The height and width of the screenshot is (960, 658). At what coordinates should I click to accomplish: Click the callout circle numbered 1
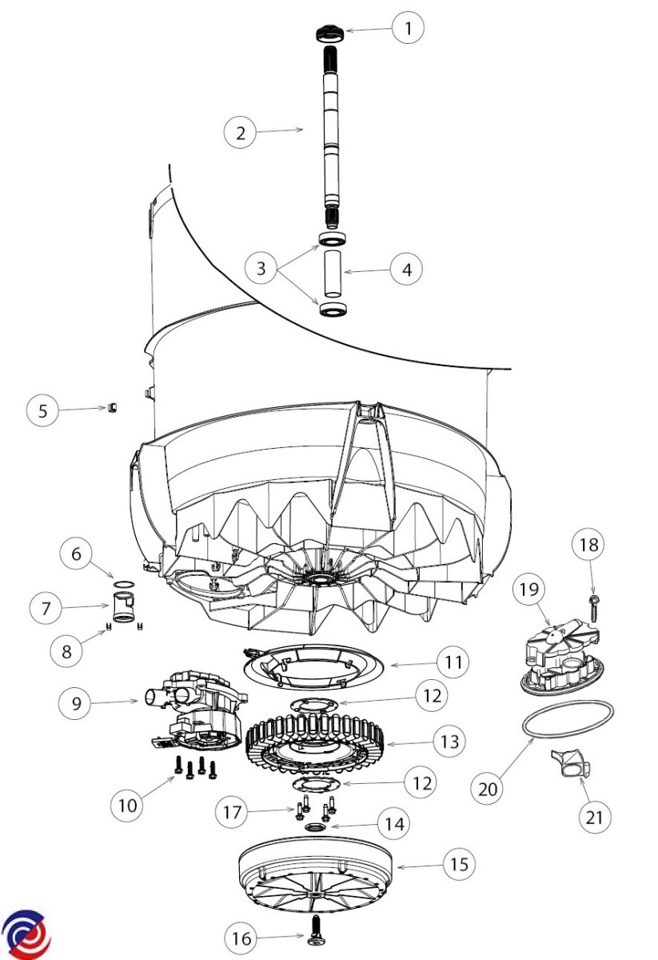click(409, 29)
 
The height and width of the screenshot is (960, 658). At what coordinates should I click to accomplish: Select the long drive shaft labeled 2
click(330, 136)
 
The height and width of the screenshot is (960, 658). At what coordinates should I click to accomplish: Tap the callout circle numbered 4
click(407, 270)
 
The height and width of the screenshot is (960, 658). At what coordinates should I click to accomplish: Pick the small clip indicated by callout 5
click(113, 408)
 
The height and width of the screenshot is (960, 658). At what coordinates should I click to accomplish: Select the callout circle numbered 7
click(46, 609)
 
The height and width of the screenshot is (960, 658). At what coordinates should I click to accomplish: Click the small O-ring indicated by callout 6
click(122, 586)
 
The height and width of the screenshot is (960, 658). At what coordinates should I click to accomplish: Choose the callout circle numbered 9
click(76, 702)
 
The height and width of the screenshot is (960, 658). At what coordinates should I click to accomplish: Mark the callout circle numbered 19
click(530, 591)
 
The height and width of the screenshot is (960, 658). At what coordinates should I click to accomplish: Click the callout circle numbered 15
click(458, 864)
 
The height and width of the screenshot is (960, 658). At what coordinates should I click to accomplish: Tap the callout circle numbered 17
click(231, 813)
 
